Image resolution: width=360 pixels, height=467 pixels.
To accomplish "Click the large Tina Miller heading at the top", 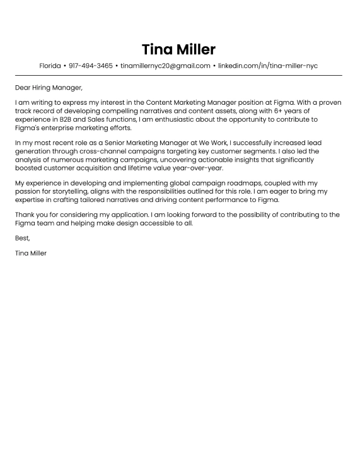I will pos(179,49).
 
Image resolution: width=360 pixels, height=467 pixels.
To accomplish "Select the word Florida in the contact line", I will pos(50,66).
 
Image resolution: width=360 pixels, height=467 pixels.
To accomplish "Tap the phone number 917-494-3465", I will pos(91,66).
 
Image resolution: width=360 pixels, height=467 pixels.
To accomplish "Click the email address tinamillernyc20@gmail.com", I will pos(165,66).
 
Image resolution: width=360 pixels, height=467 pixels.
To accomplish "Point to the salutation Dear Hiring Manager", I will pos(49,87).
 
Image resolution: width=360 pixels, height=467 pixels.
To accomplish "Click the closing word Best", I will pos(23,239).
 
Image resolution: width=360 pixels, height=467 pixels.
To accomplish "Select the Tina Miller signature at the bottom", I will pos(31,253).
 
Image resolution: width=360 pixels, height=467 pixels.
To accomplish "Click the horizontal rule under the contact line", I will pos(179,76).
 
